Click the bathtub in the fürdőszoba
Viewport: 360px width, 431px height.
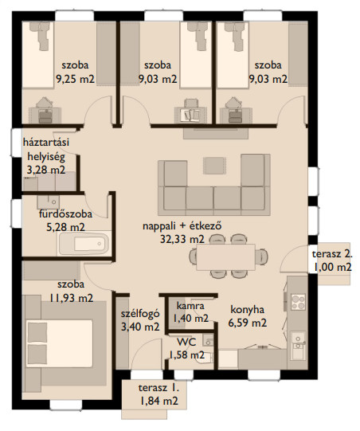(84, 244)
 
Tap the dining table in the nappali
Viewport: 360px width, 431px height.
(225, 257)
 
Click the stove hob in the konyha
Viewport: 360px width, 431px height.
(298, 302)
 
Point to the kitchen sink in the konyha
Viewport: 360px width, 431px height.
(298, 346)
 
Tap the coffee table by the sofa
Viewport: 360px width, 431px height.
(214, 166)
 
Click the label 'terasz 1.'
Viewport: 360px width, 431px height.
(158, 388)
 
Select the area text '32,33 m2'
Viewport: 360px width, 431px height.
(182, 239)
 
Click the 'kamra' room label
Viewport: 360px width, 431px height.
(190, 306)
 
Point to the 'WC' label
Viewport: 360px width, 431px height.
(186, 343)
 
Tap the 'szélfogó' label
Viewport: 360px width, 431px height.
(140, 314)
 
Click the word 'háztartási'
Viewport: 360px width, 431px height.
(46, 143)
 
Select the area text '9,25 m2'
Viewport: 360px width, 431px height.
(76, 79)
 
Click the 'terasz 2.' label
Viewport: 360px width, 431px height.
(332, 253)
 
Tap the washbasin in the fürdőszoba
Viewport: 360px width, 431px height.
(49, 202)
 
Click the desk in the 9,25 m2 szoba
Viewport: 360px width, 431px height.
(45, 116)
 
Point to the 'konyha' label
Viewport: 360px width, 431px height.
(248, 310)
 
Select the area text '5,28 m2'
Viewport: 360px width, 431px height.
(65, 227)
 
